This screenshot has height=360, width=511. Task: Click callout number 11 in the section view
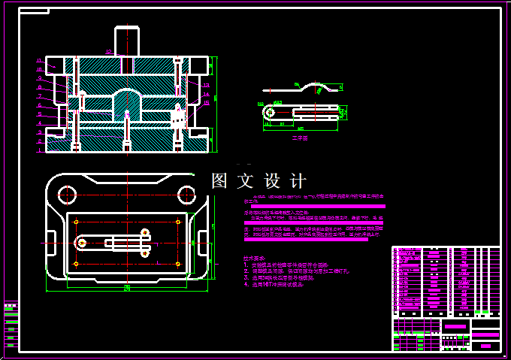(38, 59)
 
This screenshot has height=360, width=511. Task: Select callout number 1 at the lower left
(38, 150)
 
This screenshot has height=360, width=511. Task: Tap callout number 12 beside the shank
(109, 52)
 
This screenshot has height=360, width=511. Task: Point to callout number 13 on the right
(205, 85)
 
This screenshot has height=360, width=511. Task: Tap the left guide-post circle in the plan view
(67, 195)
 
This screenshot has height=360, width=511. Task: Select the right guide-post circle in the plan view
(186, 195)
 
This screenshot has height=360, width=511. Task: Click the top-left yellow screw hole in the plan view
(77, 221)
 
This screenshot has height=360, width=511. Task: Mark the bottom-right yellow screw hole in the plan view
(177, 264)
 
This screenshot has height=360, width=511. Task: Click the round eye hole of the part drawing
(268, 113)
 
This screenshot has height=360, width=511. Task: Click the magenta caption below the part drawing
(300, 138)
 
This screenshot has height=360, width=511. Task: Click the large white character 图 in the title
(219, 181)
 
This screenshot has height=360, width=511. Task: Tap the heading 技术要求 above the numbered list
(254, 258)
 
